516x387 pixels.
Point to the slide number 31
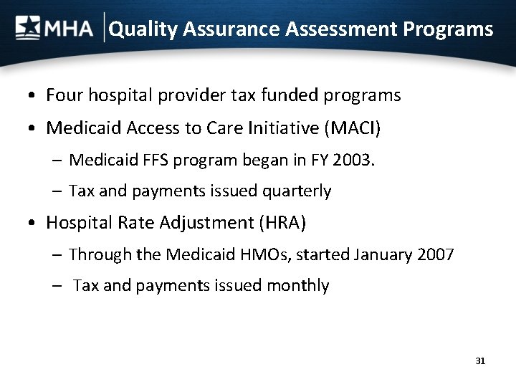coord(480,360)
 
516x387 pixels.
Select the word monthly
coord(297,286)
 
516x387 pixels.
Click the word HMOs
coord(247,254)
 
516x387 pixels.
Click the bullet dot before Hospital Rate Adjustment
coord(34,224)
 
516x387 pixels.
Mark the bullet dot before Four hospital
coord(34,95)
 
